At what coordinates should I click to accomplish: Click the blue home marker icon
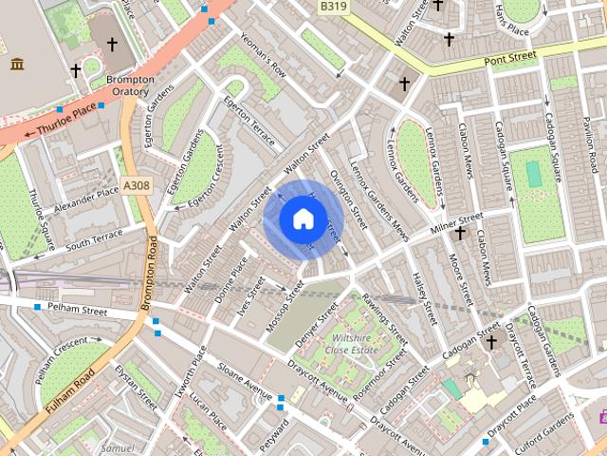click(302, 219)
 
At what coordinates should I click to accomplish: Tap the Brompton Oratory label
click(130, 85)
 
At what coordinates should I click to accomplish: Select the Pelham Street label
click(81, 310)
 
